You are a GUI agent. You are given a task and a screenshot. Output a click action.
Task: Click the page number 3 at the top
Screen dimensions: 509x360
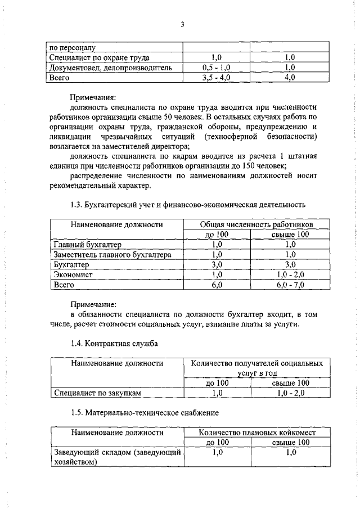183,24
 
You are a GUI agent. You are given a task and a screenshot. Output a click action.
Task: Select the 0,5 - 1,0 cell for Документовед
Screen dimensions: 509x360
217,67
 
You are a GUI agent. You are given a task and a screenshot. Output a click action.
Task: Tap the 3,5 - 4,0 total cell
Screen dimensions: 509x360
217,78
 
